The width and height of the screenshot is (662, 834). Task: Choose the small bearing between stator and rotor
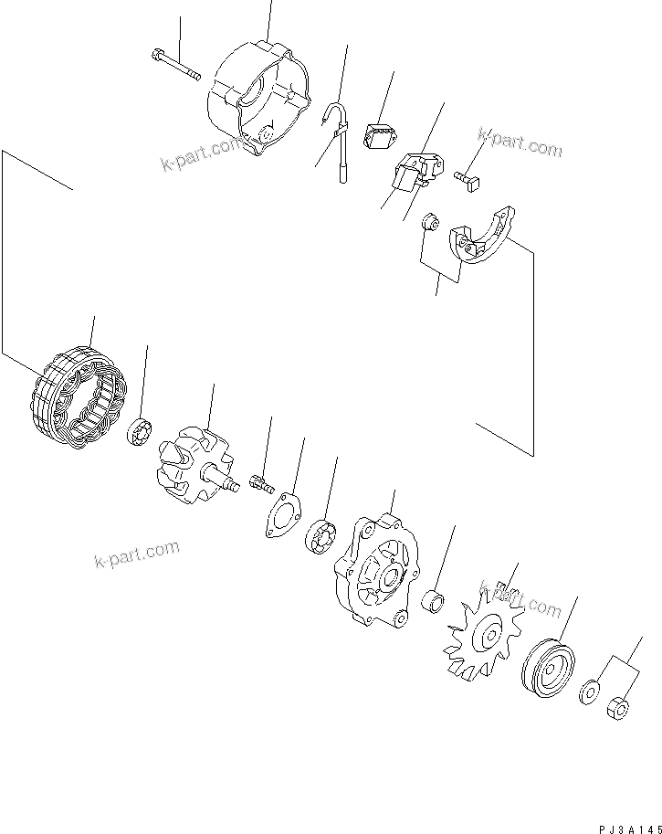click(141, 430)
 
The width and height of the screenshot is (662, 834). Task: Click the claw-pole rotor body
click(188, 461)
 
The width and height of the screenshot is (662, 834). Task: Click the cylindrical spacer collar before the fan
click(433, 602)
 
